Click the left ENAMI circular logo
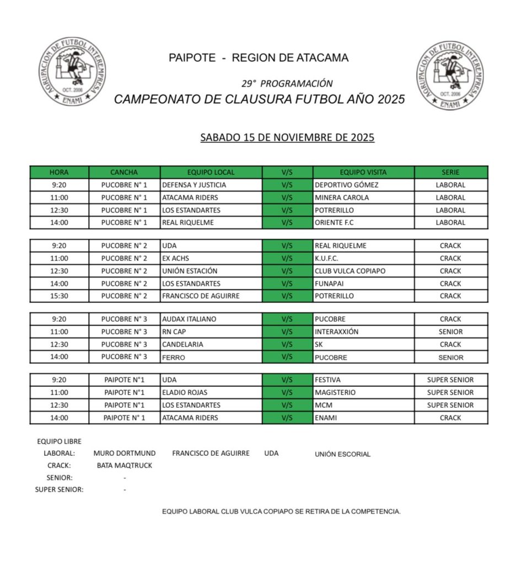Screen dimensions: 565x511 click(x=72, y=73)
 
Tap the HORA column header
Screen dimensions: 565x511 click(x=59, y=172)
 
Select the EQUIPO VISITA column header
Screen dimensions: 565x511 click(x=363, y=172)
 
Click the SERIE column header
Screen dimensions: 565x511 click(x=450, y=172)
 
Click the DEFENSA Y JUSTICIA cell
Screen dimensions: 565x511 click(x=194, y=185)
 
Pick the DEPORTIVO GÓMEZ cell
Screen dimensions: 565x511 click(x=346, y=185)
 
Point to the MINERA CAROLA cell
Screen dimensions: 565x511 click(x=342, y=198)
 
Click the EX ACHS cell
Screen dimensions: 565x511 click(x=176, y=258)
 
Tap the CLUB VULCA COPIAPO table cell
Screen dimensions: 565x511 click(x=349, y=271)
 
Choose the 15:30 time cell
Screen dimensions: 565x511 click(x=59, y=296)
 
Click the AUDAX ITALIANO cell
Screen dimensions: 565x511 click(x=189, y=319)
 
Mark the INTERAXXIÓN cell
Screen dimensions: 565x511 click(x=336, y=332)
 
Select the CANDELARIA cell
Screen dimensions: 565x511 click(x=182, y=344)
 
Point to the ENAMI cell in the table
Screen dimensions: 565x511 click(x=326, y=418)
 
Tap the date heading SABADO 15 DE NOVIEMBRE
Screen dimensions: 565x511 click(x=287, y=137)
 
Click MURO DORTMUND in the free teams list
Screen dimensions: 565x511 click(x=125, y=453)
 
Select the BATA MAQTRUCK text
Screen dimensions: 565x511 click(x=124, y=465)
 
